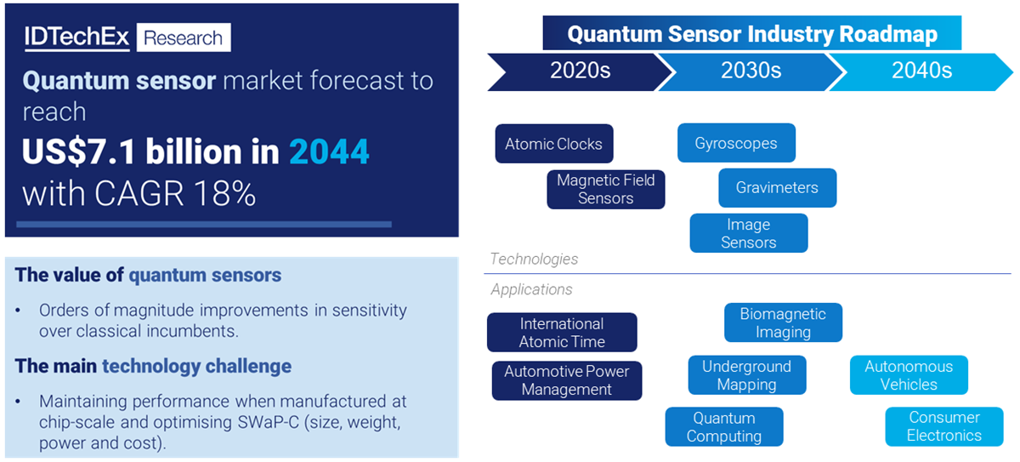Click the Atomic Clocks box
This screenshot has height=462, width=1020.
tap(554, 144)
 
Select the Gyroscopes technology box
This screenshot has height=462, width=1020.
tap(736, 143)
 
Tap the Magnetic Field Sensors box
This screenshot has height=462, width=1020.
tap(605, 189)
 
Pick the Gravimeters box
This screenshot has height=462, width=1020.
tap(777, 188)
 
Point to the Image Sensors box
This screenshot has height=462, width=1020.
tap(749, 233)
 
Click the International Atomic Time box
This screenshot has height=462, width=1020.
tap(562, 332)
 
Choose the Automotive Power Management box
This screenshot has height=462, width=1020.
tap(567, 380)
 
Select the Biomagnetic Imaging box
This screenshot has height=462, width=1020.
tap(783, 322)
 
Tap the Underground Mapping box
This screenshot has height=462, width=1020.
tap(747, 375)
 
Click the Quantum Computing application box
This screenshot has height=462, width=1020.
tap(724, 426)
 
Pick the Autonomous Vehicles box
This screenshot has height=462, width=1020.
tap(909, 375)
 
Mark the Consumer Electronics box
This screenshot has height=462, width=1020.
tap(944, 426)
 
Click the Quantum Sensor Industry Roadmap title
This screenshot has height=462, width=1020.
tap(752, 33)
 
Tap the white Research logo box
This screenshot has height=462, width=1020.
tap(184, 37)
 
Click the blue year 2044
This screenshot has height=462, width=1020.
tap(329, 151)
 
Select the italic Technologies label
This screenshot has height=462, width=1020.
tap(534, 259)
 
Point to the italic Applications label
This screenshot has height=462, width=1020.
tap(531, 289)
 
